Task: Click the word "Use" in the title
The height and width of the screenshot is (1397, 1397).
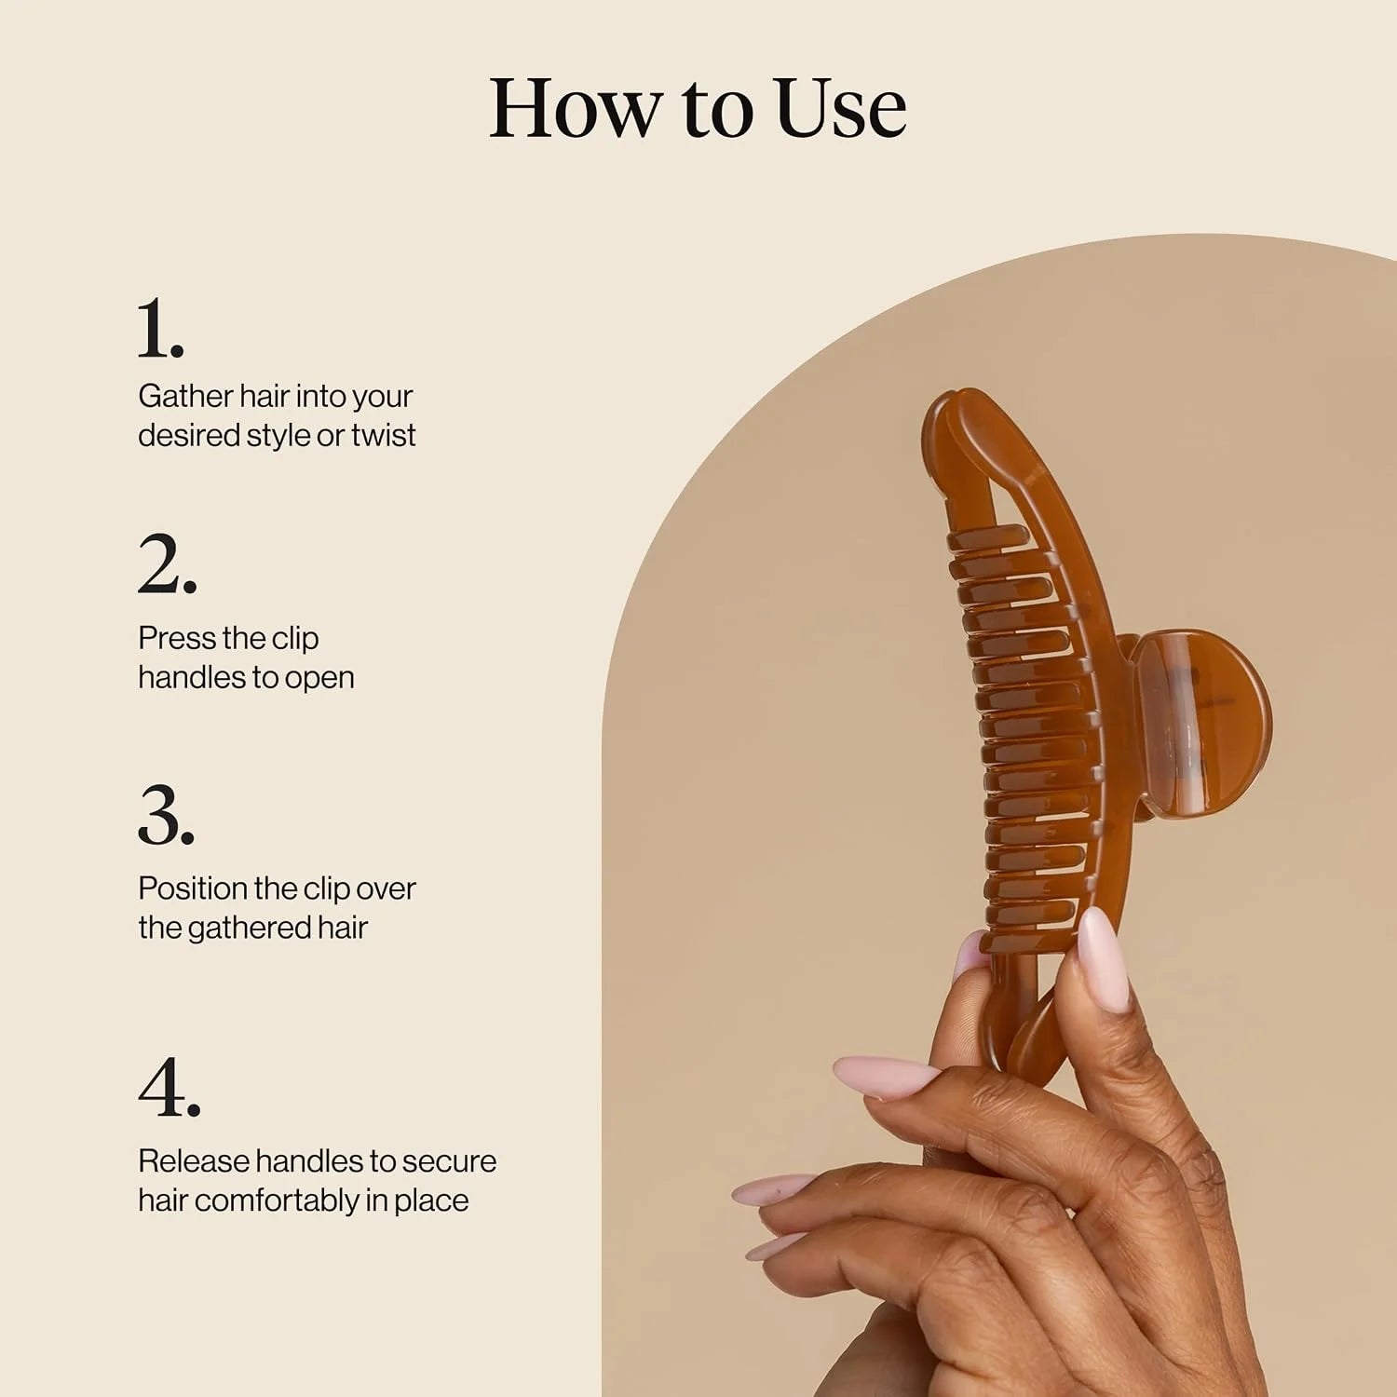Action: [841, 108]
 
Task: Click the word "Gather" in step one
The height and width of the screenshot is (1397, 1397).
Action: [185, 396]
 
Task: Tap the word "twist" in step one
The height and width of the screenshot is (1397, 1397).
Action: [383, 435]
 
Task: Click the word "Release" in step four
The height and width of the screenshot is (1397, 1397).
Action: [193, 1161]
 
